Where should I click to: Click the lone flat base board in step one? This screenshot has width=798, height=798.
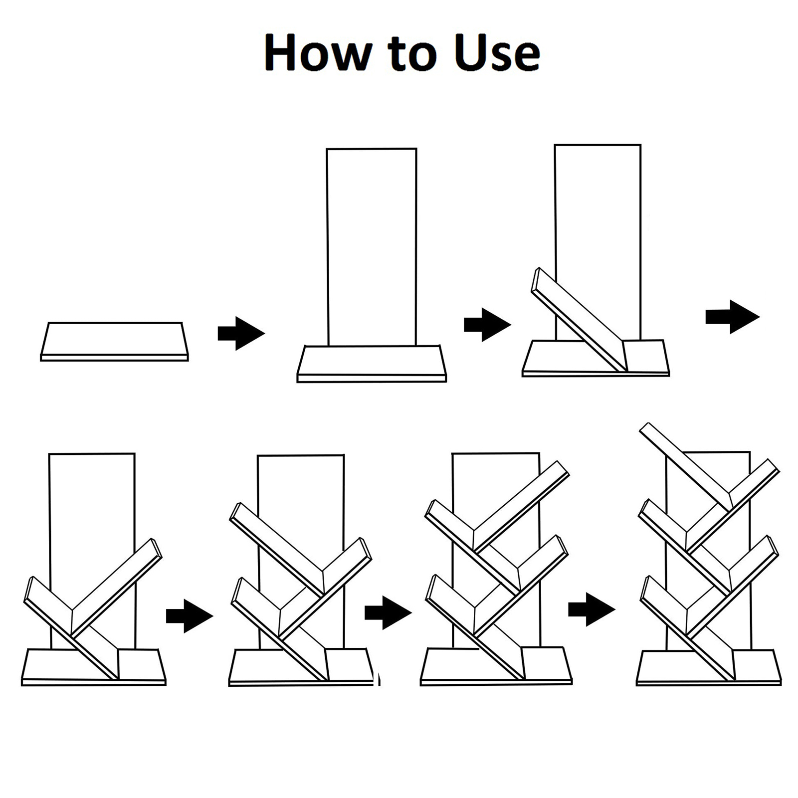pos(114,341)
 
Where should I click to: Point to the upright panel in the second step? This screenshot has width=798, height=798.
pos(372,247)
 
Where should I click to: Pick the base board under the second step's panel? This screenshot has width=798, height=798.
pos(372,364)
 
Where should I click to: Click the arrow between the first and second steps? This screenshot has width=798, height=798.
pos(241,333)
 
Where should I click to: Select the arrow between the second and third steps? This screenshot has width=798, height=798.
pos(487,325)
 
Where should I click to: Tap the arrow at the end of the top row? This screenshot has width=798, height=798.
pos(732,317)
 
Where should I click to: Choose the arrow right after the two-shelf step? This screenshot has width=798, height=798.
pos(190,616)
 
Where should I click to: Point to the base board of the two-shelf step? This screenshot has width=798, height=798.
pos(94,667)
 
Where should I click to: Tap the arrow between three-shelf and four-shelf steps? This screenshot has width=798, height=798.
pos(388,612)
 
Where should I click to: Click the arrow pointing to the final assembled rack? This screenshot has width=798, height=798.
pos(592,609)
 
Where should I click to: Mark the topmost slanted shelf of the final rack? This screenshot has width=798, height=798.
pos(686,464)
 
